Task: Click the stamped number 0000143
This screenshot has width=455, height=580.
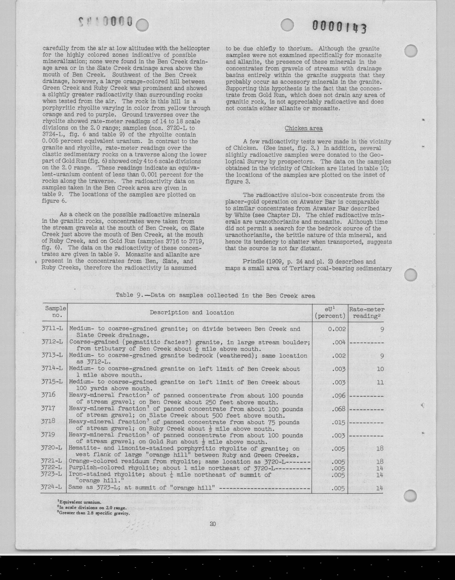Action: [x=339, y=27]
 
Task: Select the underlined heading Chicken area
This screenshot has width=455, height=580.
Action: [x=303, y=128]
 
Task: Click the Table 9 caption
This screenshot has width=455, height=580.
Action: [x=215, y=296]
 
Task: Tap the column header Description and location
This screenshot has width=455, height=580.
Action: [x=191, y=312]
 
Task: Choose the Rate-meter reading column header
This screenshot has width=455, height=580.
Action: [x=367, y=312]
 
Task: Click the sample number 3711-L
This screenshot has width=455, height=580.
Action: [x=52, y=329]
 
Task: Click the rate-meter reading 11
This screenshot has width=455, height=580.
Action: [x=380, y=382]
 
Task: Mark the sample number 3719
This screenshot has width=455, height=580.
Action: [x=48, y=435]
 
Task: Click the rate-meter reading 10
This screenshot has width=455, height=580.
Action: [x=380, y=369]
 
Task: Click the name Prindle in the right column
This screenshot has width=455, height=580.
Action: [x=252, y=262]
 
